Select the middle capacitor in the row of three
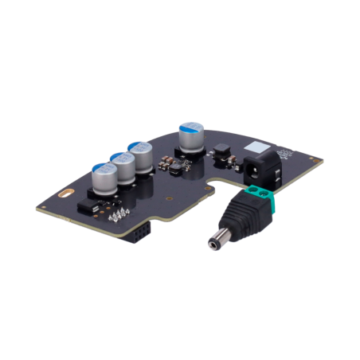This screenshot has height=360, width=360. click(124, 168)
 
